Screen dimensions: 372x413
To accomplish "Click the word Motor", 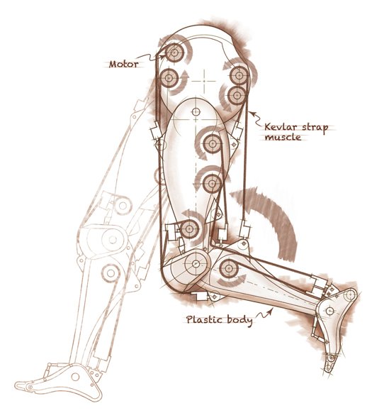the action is [123, 64].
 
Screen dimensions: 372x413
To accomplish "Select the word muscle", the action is [283, 137].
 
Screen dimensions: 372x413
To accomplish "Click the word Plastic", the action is [205, 319].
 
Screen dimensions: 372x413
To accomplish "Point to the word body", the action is [239, 320].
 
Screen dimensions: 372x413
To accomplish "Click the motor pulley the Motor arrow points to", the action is [174, 53].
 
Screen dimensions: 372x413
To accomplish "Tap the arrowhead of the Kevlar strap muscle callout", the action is [252, 114].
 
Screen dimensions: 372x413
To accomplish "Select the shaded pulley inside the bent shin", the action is [229, 268].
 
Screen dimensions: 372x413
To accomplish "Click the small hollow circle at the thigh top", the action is [196, 112].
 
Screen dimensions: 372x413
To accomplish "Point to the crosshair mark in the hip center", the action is [204, 81].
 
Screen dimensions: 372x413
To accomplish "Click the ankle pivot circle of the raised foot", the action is [329, 311].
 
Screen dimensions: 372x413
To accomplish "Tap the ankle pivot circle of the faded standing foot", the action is [75, 377].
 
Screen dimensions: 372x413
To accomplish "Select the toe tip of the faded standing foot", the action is [16, 386].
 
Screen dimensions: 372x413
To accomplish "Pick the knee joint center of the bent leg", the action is [196, 264].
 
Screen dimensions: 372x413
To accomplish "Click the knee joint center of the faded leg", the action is [113, 240].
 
